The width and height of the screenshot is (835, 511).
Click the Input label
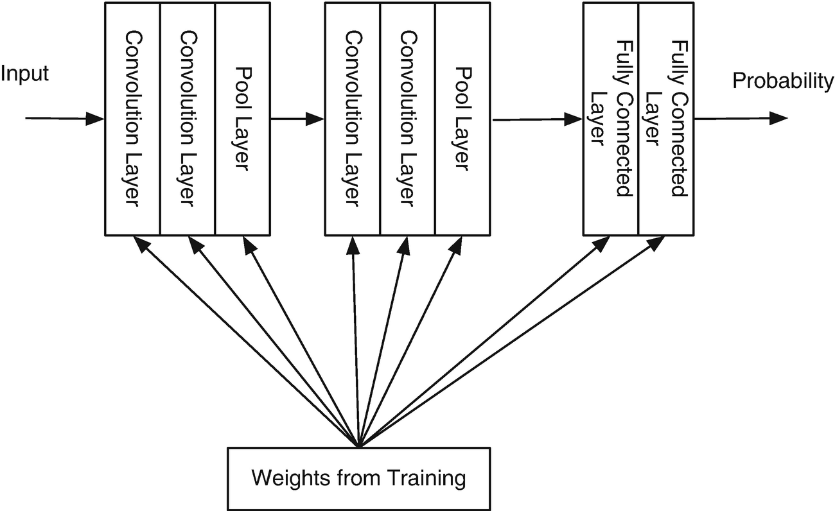[x=24, y=74]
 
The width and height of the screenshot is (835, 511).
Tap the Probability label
[x=783, y=81]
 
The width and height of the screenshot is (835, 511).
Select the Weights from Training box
[x=358, y=478]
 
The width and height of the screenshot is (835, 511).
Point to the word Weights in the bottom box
[x=288, y=478]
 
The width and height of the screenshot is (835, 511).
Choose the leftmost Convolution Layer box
[x=132, y=118]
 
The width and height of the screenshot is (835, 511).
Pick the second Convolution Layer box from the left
[x=187, y=118]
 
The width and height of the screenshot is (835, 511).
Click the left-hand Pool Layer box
[x=242, y=118]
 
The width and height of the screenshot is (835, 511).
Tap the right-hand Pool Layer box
[x=462, y=118]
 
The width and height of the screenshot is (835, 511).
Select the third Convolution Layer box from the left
[x=352, y=118]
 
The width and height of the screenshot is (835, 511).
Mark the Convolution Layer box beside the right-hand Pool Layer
[x=407, y=118]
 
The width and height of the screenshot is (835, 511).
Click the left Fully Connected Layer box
[x=610, y=118]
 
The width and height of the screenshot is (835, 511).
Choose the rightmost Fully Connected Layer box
[x=665, y=118]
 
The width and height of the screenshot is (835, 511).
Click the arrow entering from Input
[x=64, y=118]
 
